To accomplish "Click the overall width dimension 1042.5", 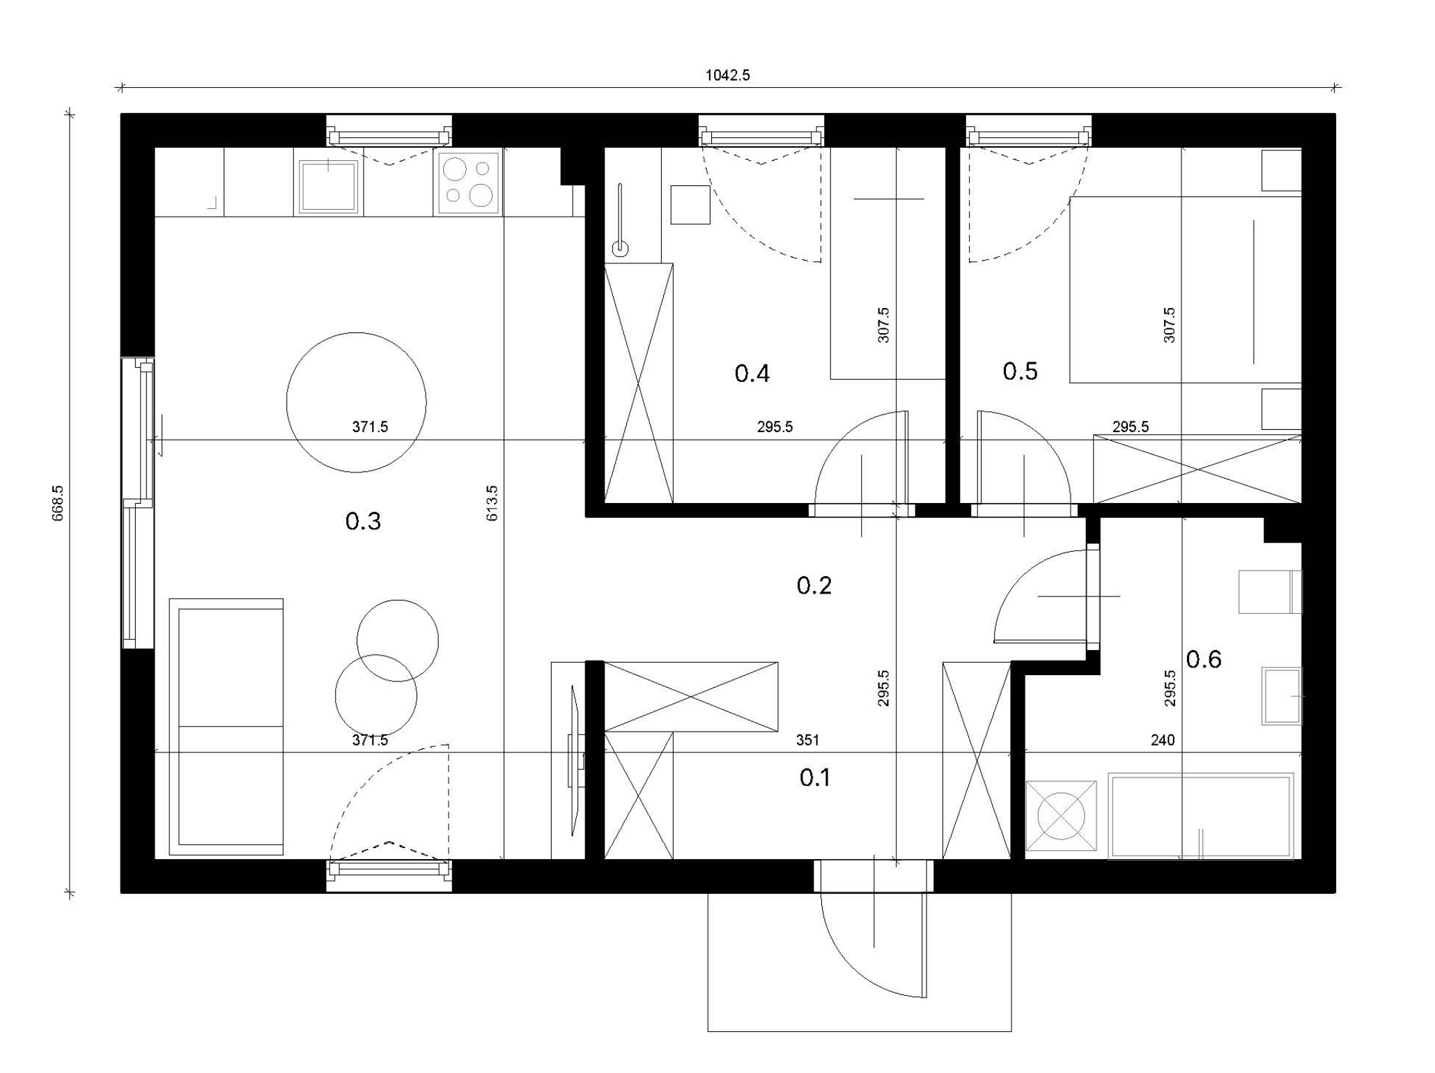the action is (728, 75).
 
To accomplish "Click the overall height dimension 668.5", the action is (58, 503).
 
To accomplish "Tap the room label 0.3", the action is (363, 521).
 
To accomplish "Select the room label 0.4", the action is (752, 373).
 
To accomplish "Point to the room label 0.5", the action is (1020, 371).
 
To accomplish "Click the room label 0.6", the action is (1204, 659).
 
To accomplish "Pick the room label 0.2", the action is (814, 585).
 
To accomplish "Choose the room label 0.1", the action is (814, 778).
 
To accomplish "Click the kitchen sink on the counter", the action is (328, 186).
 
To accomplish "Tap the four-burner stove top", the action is (468, 183).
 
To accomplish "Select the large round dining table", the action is (356, 402).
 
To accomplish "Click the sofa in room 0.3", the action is (226, 727).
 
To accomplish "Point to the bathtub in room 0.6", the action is (1201, 816).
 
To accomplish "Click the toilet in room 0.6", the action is (1270, 592).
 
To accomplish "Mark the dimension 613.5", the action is (492, 503).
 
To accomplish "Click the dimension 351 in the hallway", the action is (807, 740).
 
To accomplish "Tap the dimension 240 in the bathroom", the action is (1163, 740).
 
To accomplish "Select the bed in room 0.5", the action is (1185, 290).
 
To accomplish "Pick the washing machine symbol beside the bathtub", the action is (1061, 816).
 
